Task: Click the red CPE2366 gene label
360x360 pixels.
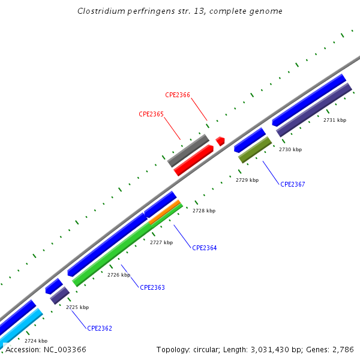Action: click(x=178, y=95)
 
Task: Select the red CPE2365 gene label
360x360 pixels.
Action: click(x=151, y=114)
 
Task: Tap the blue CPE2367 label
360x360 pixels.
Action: click(x=293, y=184)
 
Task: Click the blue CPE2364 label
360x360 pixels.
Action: click(x=205, y=248)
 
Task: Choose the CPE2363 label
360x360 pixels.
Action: click(x=152, y=287)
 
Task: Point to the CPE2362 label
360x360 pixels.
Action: click(x=100, y=328)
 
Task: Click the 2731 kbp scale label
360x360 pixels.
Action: click(x=335, y=120)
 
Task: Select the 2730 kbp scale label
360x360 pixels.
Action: click(x=290, y=149)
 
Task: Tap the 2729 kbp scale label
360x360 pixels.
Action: click(x=247, y=180)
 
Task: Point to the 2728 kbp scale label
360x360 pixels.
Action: click(x=204, y=211)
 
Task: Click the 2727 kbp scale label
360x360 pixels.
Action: click(x=161, y=242)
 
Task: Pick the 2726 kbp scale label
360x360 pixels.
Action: click(x=119, y=275)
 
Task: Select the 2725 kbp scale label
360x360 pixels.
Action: click(x=77, y=307)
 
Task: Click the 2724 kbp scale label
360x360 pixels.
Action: click(x=36, y=341)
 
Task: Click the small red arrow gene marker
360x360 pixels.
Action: click(x=220, y=141)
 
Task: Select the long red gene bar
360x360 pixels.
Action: click(x=194, y=160)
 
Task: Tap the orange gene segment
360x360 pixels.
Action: click(x=165, y=212)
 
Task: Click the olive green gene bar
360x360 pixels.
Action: click(x=255, y=150)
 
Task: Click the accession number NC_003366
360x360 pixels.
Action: click(x=46, y=349)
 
